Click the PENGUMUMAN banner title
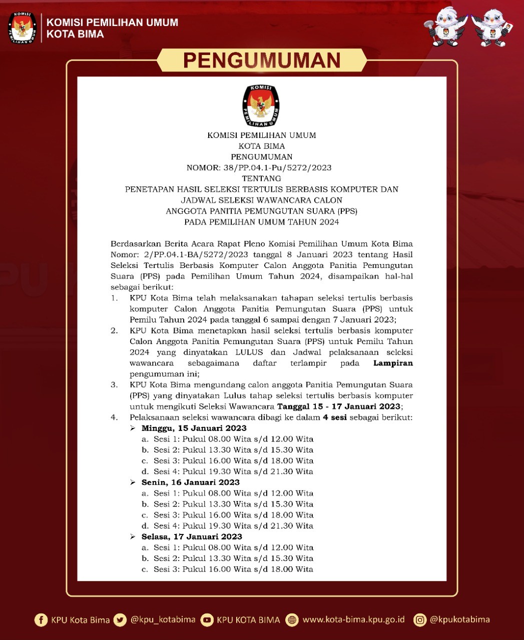262,60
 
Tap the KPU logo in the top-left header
22,28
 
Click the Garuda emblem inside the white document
261,106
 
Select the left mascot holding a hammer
444,28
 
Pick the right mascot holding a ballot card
492,28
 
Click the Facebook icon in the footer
41,620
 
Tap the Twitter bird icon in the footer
120,620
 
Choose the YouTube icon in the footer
206,620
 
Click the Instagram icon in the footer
420,620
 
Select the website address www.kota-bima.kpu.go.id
353,619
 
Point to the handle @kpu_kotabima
163,619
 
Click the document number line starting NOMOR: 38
259,168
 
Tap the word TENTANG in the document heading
261,178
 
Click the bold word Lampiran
393,363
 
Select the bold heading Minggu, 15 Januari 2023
194,428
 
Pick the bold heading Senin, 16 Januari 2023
190,482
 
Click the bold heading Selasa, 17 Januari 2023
192,536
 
